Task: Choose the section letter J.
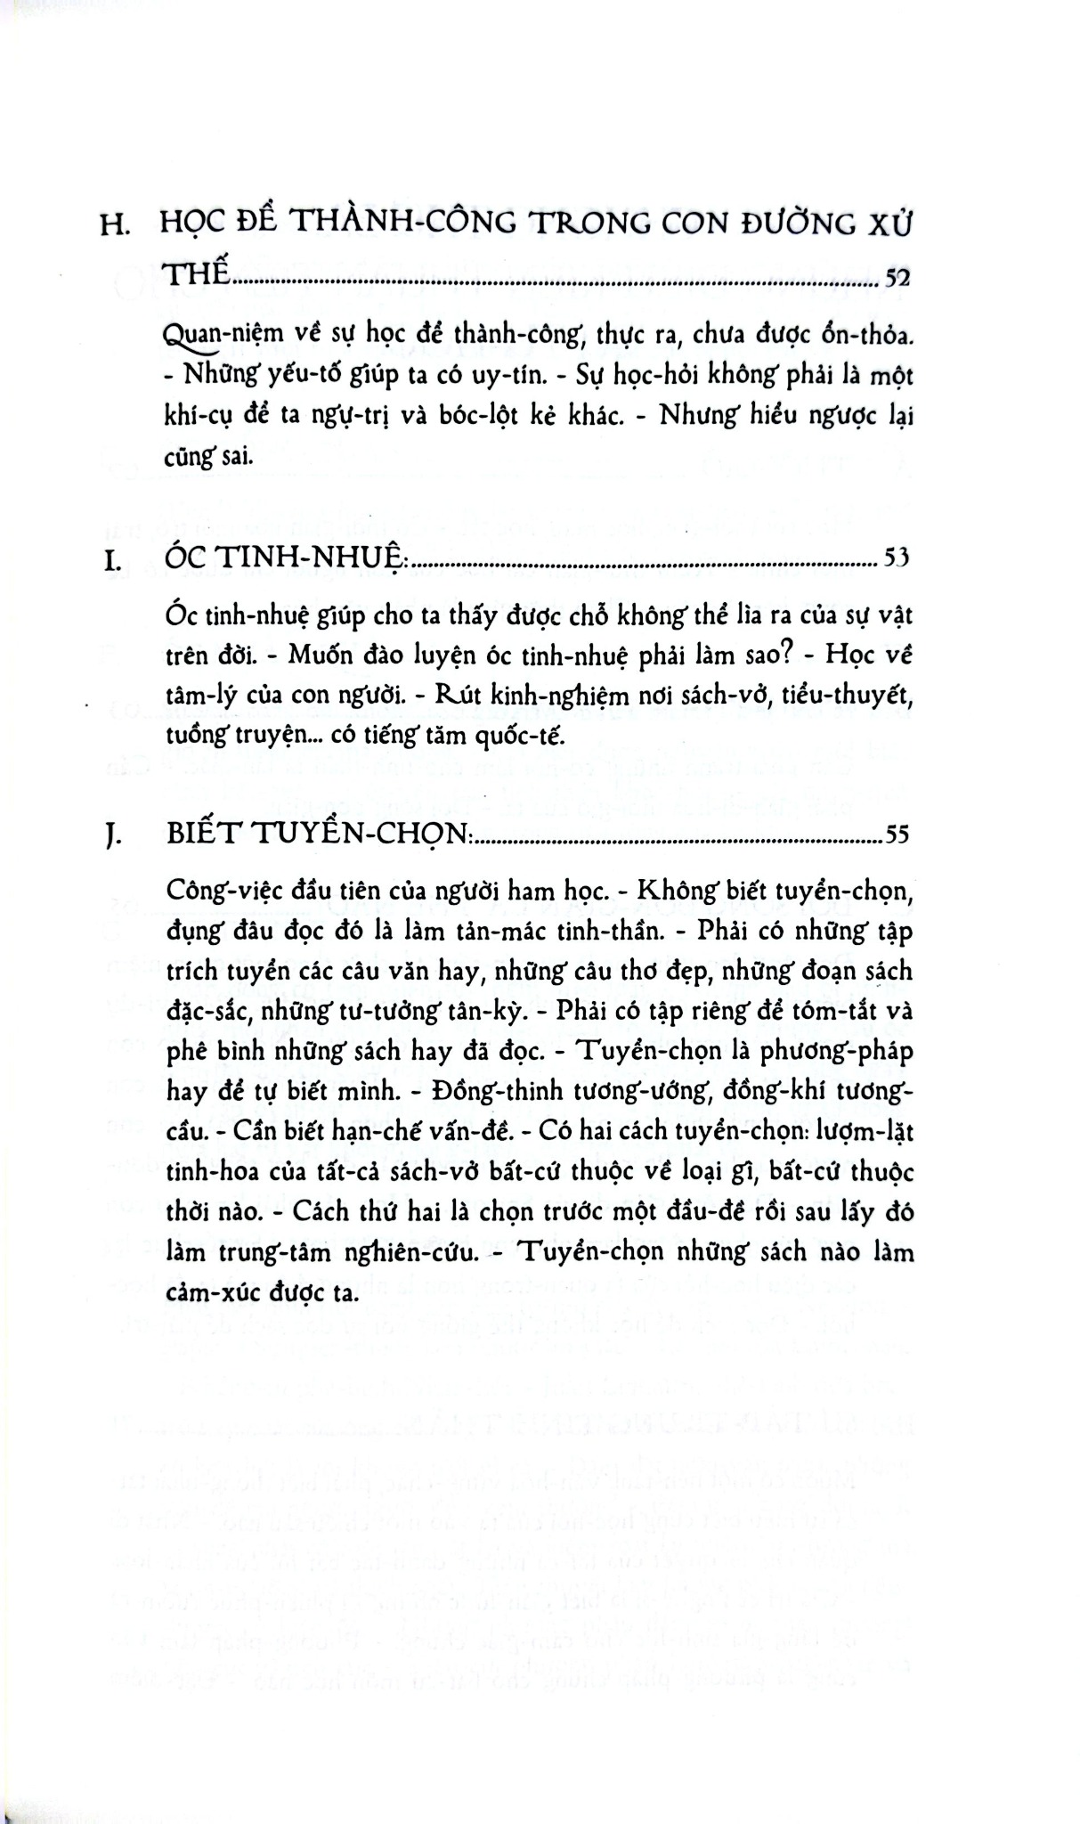tap(111, 836)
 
